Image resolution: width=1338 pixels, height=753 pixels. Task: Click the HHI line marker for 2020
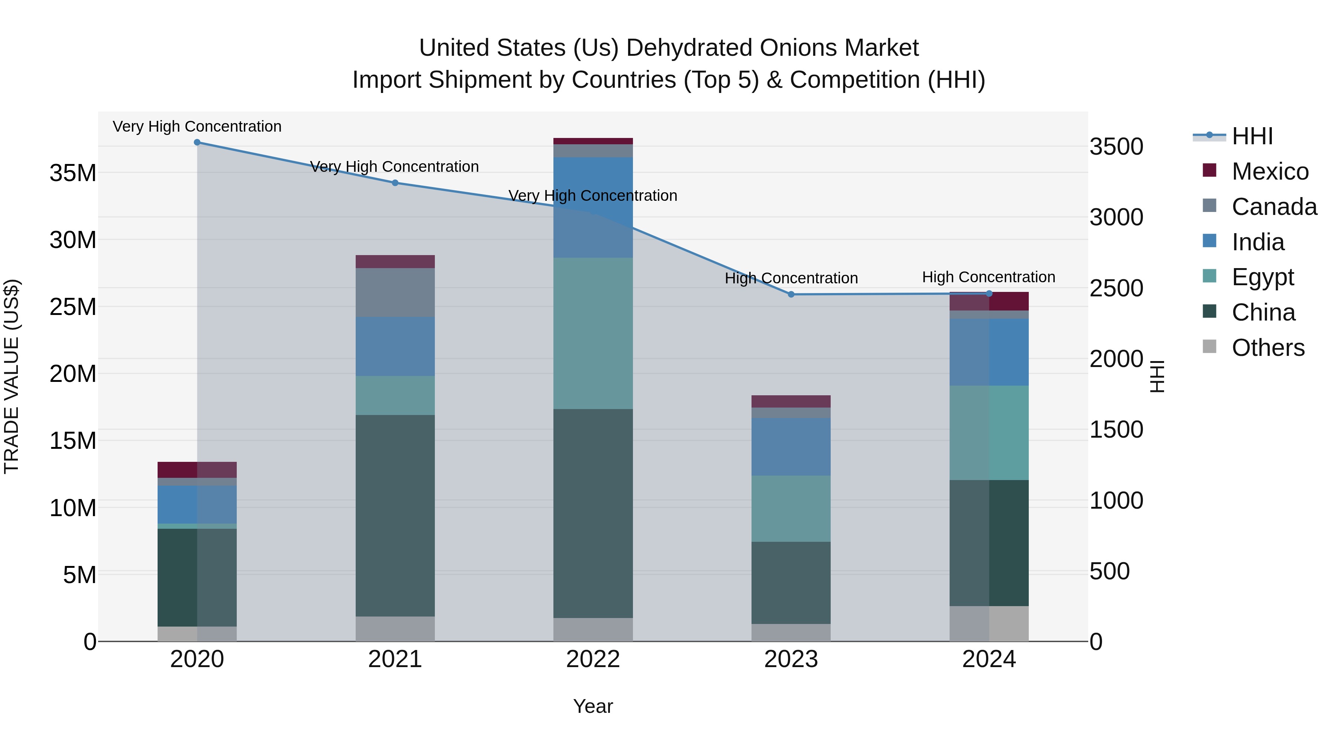click(x=197, y=142)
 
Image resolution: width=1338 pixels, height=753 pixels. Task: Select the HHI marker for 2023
click(x=791, y=295)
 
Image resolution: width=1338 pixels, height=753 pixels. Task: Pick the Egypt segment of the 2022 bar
click(x=593, y=333)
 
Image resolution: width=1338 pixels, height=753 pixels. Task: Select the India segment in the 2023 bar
click(x=791, y=447)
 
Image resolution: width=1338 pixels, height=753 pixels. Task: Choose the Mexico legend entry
click(x=1269, y=171)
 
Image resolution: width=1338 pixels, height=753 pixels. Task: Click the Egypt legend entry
click(x=1262, y=277)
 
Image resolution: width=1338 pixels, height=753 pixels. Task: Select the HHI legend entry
click(x=1252, y=136)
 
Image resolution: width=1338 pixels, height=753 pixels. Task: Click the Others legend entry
click(x=1267, y=348)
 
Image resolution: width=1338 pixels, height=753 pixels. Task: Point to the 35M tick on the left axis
click(x=73, y=173)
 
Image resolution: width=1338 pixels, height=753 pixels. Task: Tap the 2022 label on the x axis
click(x=593, y=659)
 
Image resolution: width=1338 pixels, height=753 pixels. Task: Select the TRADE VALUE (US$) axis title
click(x=12, y=376)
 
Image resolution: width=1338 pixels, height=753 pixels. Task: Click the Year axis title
click(x=593, y=706)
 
